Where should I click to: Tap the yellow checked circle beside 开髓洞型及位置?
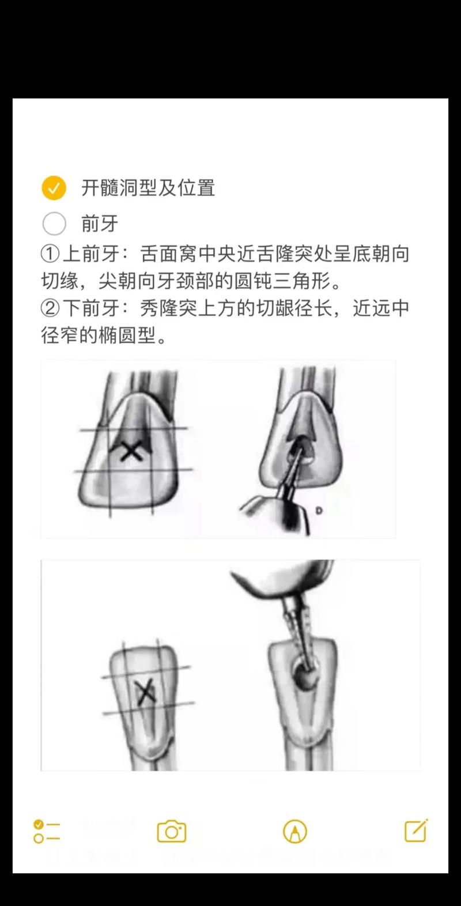[x=54, y=188]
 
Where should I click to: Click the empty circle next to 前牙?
[x=54, y=224]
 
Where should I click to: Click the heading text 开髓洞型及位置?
[x=148, y=188]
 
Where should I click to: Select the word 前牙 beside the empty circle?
[x=100, y=224]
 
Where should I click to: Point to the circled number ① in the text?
[x=50, y=254]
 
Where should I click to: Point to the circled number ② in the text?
[x=50, y=308]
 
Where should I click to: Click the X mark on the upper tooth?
[x=132, y=451]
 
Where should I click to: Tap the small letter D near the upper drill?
[x=319, y=511]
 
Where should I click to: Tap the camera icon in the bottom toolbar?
[x=171, y=832]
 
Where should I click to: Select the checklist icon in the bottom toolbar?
[x=47, y=832]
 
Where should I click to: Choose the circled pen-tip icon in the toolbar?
[x=295, y=832]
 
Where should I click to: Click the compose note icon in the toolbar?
[x=416, y=831]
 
